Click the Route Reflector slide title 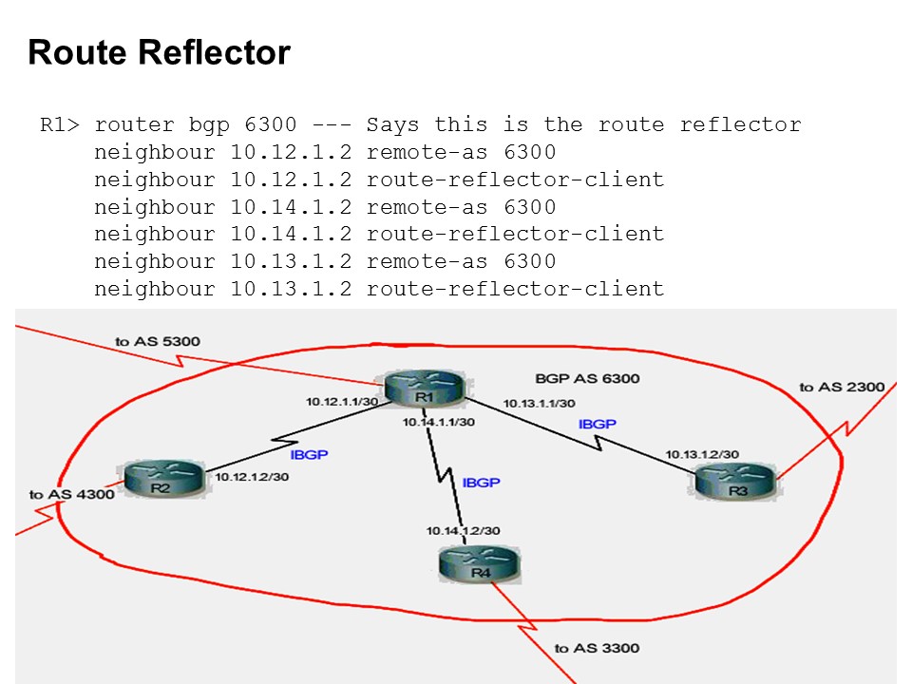(159, 52)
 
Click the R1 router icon (424, 390)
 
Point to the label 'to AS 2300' (842, 387)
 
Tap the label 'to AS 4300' (71, 494)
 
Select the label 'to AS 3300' (597, 648)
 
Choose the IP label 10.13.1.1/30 (539, 403)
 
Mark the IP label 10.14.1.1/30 (438, 422)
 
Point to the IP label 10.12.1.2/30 (252, 476)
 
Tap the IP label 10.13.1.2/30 (702, 454)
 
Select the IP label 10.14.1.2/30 (463, 530)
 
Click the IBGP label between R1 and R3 (598, 424)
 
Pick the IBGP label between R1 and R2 (309, 455)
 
